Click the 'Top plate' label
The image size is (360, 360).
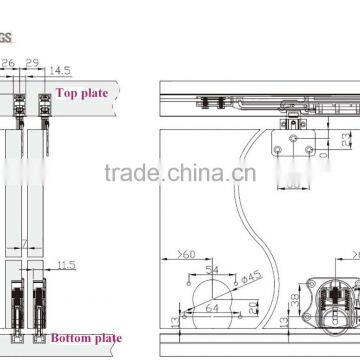(x=81, y=93)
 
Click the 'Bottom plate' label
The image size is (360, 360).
(x=85, y=338)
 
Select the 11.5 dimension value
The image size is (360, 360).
(x=67, y=264)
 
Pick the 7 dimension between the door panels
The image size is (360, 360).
(x=34, y=243)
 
